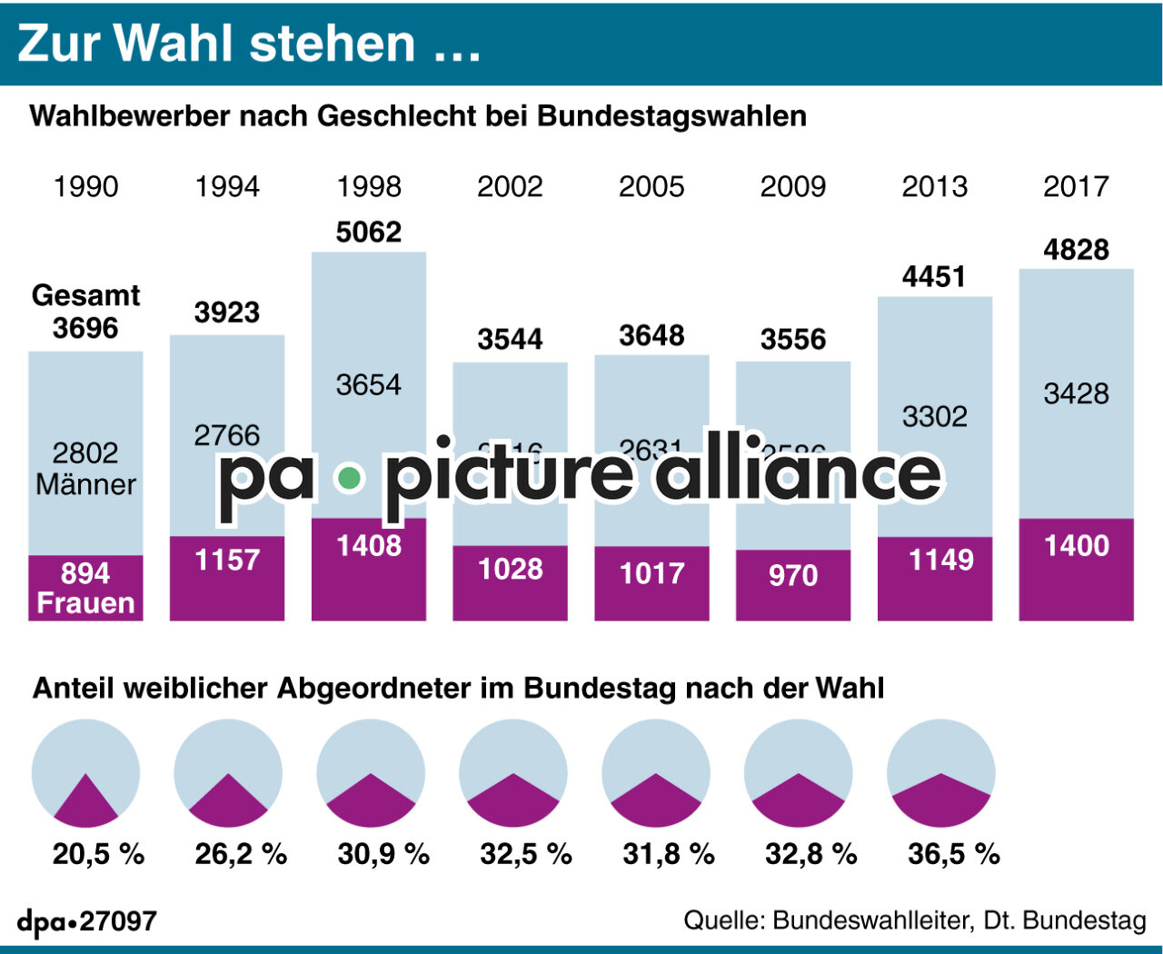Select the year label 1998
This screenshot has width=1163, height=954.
[368, 186]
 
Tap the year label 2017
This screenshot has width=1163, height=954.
[1076, 186]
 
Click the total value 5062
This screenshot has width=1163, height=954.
[368, 232]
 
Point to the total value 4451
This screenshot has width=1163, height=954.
[934, 276]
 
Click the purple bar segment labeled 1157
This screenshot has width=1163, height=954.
[227, 579]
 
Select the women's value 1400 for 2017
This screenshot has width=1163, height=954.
[1076, 545]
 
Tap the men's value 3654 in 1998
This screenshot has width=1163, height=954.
[368, 384]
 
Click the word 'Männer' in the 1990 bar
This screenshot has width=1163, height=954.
[85, 484]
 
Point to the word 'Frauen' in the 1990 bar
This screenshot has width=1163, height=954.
[85, 603]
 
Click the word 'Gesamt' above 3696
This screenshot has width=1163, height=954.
[85, 295]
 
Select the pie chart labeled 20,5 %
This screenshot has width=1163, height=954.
[86, 772]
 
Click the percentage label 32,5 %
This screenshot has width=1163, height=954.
[526, 854]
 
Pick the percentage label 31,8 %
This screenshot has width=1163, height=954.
[669, 854]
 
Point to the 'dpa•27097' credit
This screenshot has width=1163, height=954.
[87, 921]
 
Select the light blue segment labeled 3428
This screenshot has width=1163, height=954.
[1076, 393]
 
